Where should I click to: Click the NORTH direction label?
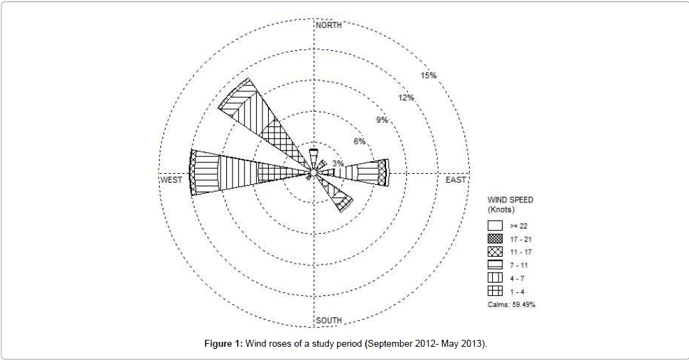click(x=329, y=25)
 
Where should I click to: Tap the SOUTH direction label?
click(x=329, y=320)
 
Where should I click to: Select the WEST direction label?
click(x=171, y=180)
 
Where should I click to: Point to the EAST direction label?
click(x=456, y=180)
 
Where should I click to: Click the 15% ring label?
click(x=429, y=75)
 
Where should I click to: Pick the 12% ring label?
click(x=406, y=98)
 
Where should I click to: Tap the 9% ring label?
click(x=382, y=120)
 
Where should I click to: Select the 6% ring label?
click(x=360, y=141)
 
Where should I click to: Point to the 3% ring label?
click(x=338, y=163)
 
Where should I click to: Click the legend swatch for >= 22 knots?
click(x=495, y=225)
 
